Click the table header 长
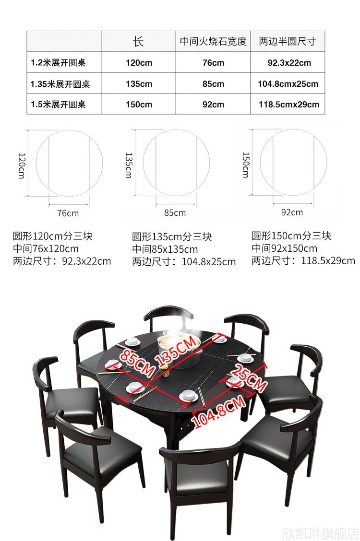[x=138, y=41]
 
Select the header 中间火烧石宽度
[x=213, y=41]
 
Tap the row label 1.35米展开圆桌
[x=60, y=84]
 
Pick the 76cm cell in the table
[x=213, y=63]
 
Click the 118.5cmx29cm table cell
[x=289, y=105]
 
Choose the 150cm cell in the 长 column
[x=139, y=105]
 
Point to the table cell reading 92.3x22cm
[x=289, y=63]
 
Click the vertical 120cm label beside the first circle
[x=22, y=165]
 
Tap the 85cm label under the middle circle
[x=175, y=213]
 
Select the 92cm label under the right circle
[x=292, y=212]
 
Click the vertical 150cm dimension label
[x=246, y=165]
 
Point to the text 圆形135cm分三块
[x=172, y=237]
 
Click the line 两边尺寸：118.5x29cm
[x=303, y=260]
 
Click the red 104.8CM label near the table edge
[x=218, y=412]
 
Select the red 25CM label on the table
[x=249, y=377]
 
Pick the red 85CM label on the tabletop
[x=137, y=364]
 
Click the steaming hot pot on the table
[x=179, y=341]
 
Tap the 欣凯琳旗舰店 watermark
[x=321, y=533]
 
